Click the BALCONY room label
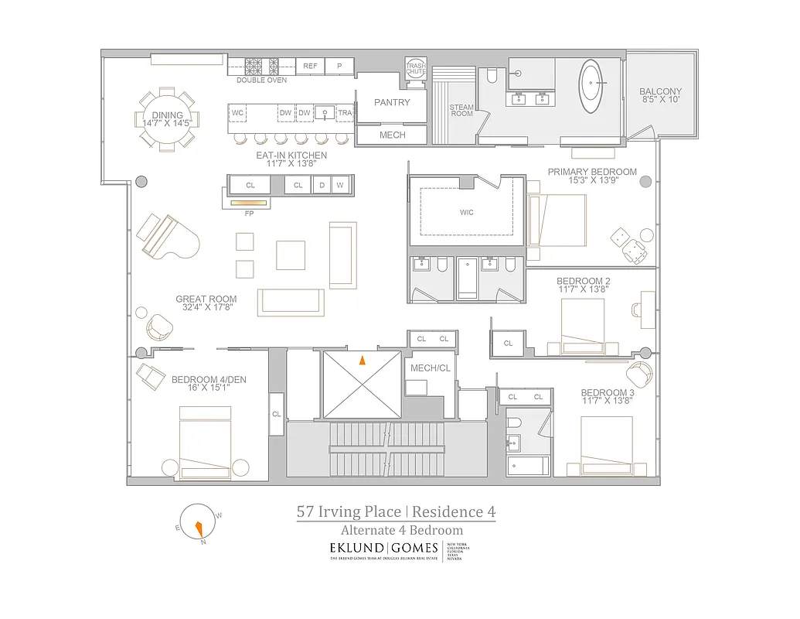pyautogui.click(x=660, y=91)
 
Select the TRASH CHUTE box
pyautogui.click(x=416, y=68)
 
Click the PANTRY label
pyautogui.click(x=392, y=102)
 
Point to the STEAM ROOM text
pyautogui.click(x=461, y=111)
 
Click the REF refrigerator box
pyautogui.click(x=310, y=67)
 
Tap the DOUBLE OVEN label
pyautogui.click(x=261, y=80)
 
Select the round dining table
pyautogui.click(x=168, y=119)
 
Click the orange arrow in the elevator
pyautogui.click(x=361, y=359)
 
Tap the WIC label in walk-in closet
pyautogui.click(x=466, y=212)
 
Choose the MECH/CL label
pyautogui.click(x=430, y=368)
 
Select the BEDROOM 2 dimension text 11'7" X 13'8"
pyautogui.click(x=584, y=289)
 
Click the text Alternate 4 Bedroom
pyautogui.click(x=402, y=531)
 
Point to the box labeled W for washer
pyautogui.click(x=339, y=186)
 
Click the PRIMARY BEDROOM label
pyautogui.click(x=592, y=172)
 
